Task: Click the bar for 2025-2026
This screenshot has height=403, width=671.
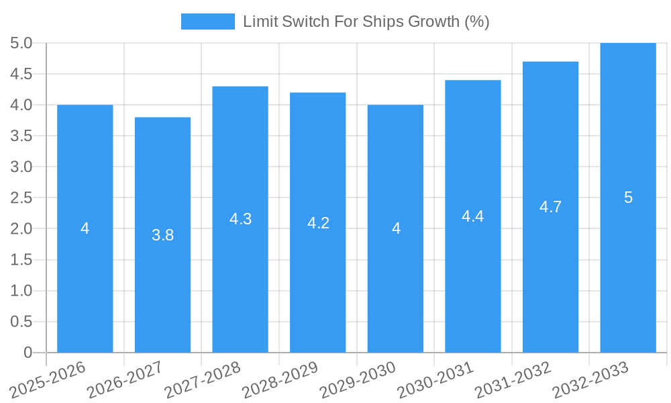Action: [85, 269]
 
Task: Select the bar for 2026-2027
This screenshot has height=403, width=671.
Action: [162, 282]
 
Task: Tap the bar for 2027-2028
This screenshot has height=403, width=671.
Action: [240, 269]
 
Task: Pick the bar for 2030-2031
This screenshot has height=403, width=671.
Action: [472, 269]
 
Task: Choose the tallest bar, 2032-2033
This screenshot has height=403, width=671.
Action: [628, 269]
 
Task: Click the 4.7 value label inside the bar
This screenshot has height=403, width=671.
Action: [550, 207]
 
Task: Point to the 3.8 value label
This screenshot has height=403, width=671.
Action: [162, 235]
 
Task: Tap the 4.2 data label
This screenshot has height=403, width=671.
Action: [318, 223]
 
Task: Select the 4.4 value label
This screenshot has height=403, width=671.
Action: [472, 216]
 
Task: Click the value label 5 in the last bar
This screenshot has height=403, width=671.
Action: [628, 197]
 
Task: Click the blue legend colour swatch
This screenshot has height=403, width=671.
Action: [208, 21]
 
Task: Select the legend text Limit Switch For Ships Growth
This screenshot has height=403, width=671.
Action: [366, 21]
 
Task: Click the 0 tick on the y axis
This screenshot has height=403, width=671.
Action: [28, 353]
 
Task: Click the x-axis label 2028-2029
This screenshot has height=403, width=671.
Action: [280, 379]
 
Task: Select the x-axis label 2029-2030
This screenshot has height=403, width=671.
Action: [358, 379]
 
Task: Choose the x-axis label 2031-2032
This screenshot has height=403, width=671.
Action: [513, 379]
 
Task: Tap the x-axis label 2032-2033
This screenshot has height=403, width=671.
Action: [590, 379]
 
